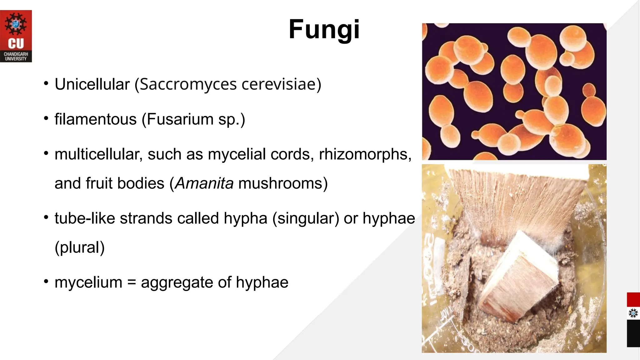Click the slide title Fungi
(324, 29)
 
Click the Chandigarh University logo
(16, 36)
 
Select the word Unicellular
(92, 84)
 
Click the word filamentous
(96, 119)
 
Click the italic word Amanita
(204, 183)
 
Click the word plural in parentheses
(80, 247)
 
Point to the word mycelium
(88, 282)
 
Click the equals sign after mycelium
(132, 282)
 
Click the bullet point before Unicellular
(46, 84)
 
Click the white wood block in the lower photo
(519, 278)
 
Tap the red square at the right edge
(633, 300)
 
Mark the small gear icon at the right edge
(633, 313)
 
